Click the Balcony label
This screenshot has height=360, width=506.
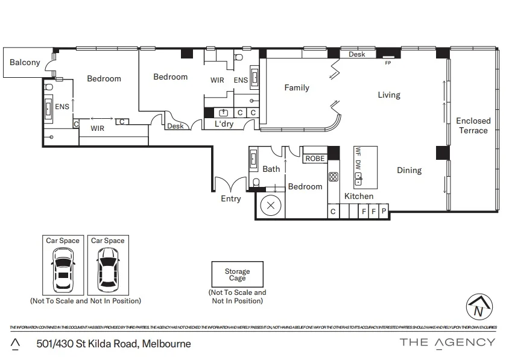pyautogui.click(x=25, y=63)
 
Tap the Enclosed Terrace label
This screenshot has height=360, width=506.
pyautogui.click(x=473, y=125)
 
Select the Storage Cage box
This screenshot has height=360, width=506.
pyautogui.click(x=237, y=275)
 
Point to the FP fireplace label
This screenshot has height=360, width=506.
pyautogui.click(x=387, y=62)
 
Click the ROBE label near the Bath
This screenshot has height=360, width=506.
pyautogui.click(x=315, y=159)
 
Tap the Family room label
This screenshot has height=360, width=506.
pyautogui.click(x=297, y=88)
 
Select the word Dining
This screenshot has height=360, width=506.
pyautogui.click(x=409, y=171)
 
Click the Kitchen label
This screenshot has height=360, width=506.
pyautogui.click(x=359, y=196)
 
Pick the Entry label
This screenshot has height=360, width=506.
pyautogui.click(x=231, y=198)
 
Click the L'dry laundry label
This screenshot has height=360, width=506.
pyautogui.click(x=224, y=124)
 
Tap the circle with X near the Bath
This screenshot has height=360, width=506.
pyautogui.click(x=270, y=205)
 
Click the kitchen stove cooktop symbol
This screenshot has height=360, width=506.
pyautogui.click(x=333, y=177)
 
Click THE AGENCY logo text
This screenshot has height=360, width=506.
pyautogui.click(x=447, y=343)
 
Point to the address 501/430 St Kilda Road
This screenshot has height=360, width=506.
pyautogui.click(x=113, y=344)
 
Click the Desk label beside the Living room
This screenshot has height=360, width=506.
pyautogui.click(x=356, y=55)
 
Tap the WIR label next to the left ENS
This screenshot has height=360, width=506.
pyautogui.click(x=97, y=128)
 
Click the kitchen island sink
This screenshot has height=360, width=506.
pyautogui.click(x=358, y=178)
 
